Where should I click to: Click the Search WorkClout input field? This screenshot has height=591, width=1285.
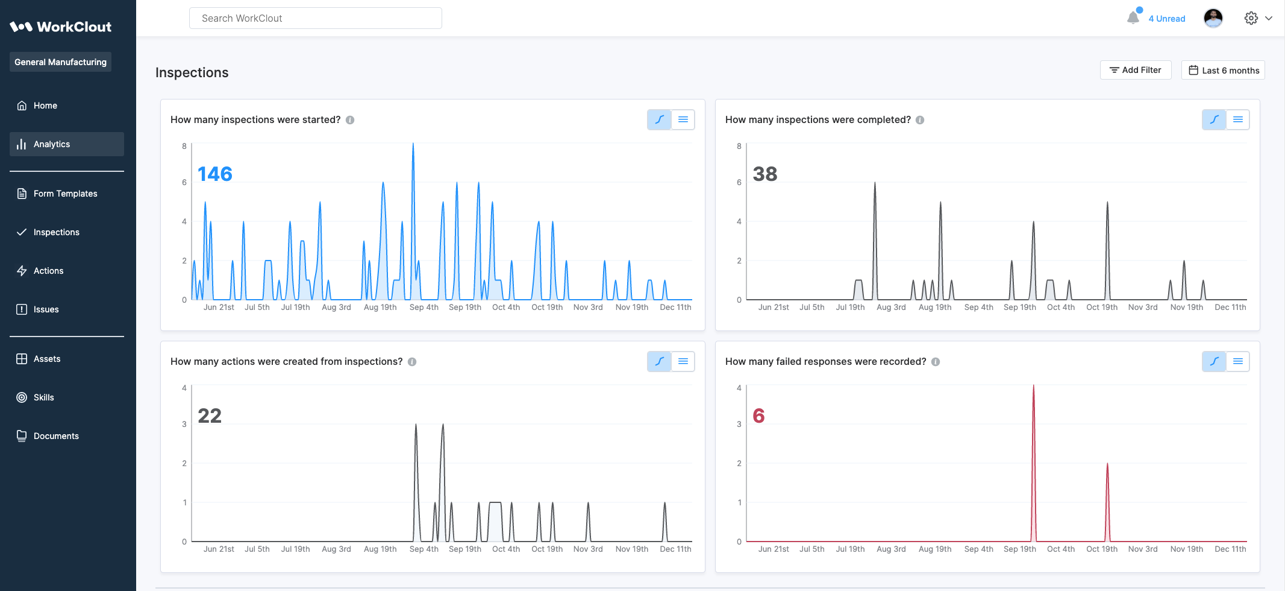point(315,18)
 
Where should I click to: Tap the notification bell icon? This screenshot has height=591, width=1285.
point(1133,18)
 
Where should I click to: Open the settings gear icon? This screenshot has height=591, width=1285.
point(1251,18)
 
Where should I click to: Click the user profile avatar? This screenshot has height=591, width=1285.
point(1213,18)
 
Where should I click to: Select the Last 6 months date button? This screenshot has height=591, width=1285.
point(1223,70)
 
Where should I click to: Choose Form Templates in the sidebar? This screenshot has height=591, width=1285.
point(65,194)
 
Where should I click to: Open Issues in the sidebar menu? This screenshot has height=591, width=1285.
point(46,309)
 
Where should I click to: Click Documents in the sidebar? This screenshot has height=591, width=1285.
point(56,436)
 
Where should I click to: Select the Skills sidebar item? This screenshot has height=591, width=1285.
point(43,397)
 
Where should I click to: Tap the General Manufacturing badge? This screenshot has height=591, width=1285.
point(60,62)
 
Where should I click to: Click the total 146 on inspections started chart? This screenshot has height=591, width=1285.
point(215,174)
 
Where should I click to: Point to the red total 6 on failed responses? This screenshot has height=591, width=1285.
point(758,416)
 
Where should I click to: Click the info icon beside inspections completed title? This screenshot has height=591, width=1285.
point(920,120)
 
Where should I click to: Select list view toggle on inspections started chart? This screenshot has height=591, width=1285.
point(683,119)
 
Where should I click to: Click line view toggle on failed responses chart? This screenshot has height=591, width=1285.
point(1214,361)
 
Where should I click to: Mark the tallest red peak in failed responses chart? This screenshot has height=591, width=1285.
point(1034,387)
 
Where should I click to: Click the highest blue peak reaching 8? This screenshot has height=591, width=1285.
point(413,145)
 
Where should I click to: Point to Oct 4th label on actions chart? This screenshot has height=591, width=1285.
point(506,549)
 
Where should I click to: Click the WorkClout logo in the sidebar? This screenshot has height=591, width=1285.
point(60,27)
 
